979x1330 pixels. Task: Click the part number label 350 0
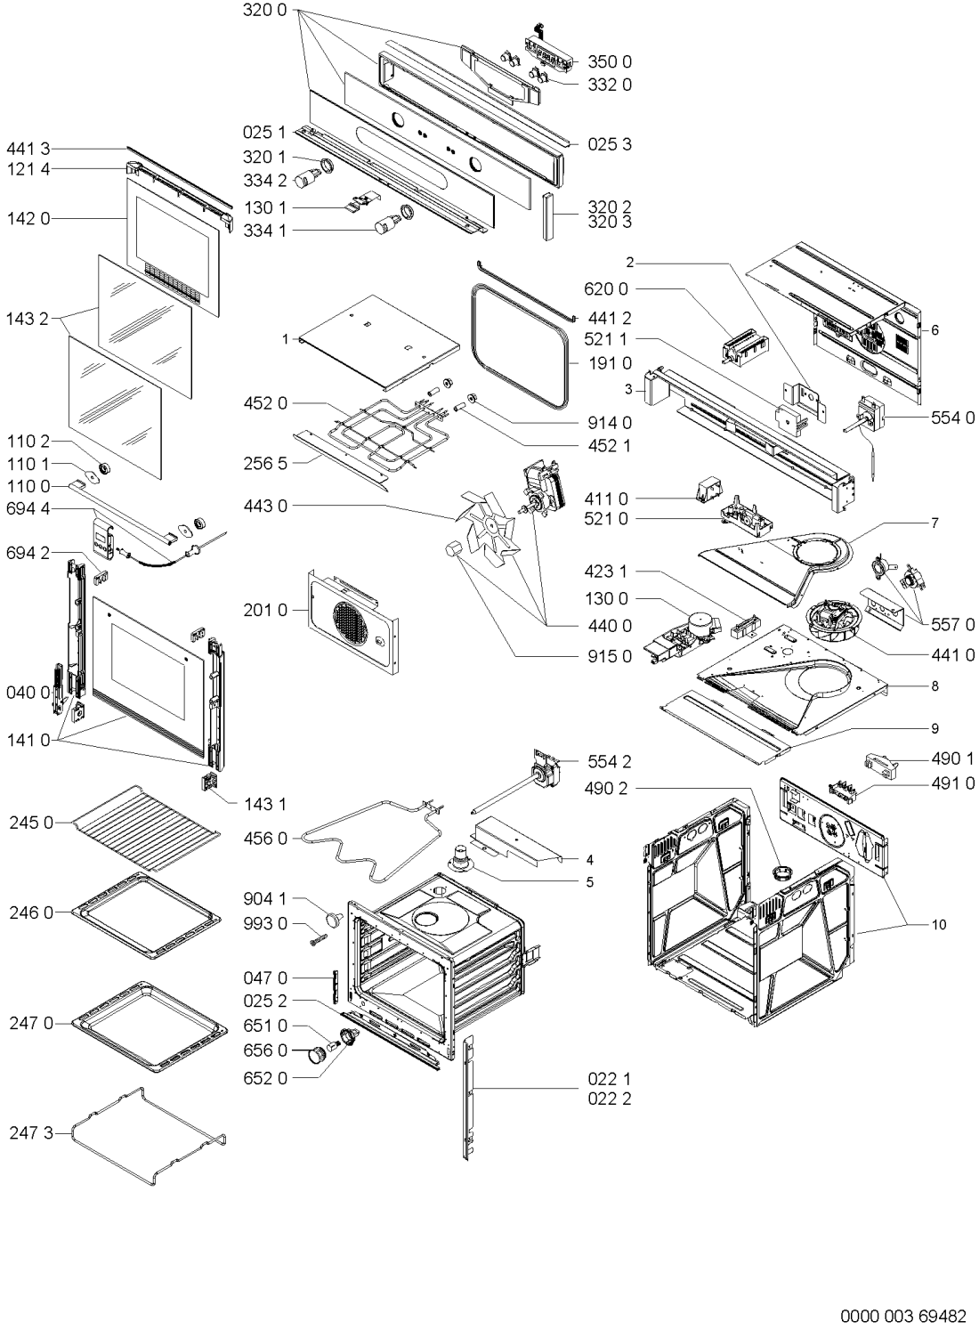click(610, 61)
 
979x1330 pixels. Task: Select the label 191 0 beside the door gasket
click(610, 363)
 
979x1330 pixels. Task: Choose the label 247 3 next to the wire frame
click(31, 1133)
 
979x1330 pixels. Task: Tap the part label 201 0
click(265, 610)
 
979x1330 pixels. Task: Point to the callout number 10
click(939, 924)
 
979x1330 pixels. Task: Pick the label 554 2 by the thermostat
click(610, 761)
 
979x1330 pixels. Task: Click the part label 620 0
click(606, 289)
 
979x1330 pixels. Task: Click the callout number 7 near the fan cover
click(934, 523)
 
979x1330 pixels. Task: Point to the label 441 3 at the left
click(28, 149)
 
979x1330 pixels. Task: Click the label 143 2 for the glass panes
click(28, 319)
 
